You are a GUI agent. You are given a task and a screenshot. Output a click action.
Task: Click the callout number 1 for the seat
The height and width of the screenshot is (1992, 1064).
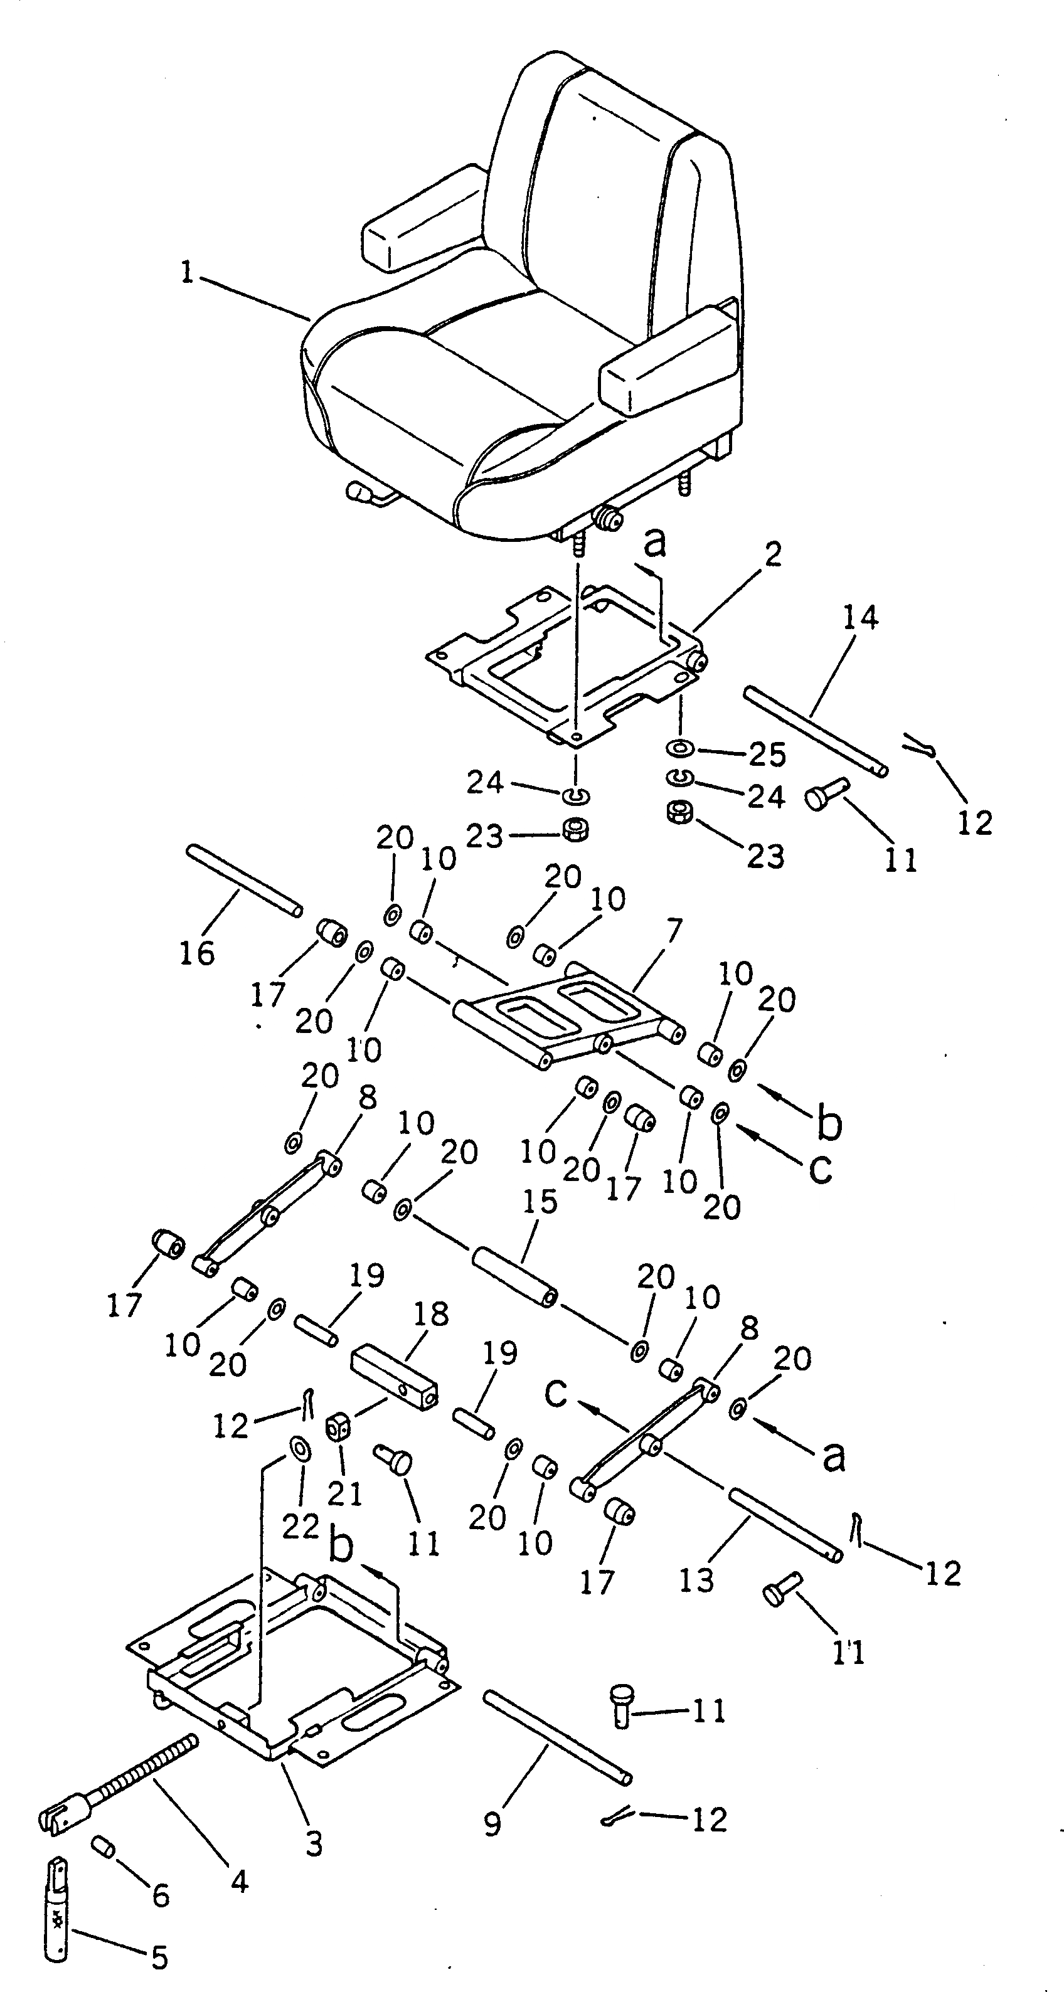pyautogui.click(x=186, y=272)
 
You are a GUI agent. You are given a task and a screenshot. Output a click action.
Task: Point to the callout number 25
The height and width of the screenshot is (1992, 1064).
pyautogui.click(x=768, y=755)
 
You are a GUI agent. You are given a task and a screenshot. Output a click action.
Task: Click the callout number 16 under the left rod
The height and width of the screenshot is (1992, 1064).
pyautogui.click(x=197, y=953)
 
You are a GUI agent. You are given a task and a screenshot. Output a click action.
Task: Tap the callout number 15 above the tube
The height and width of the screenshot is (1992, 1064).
pyautogui.click(x=540, y=1202)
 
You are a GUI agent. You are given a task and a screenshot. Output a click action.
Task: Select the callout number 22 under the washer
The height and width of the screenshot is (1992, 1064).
pyautogui.click(x=300, y=1527)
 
